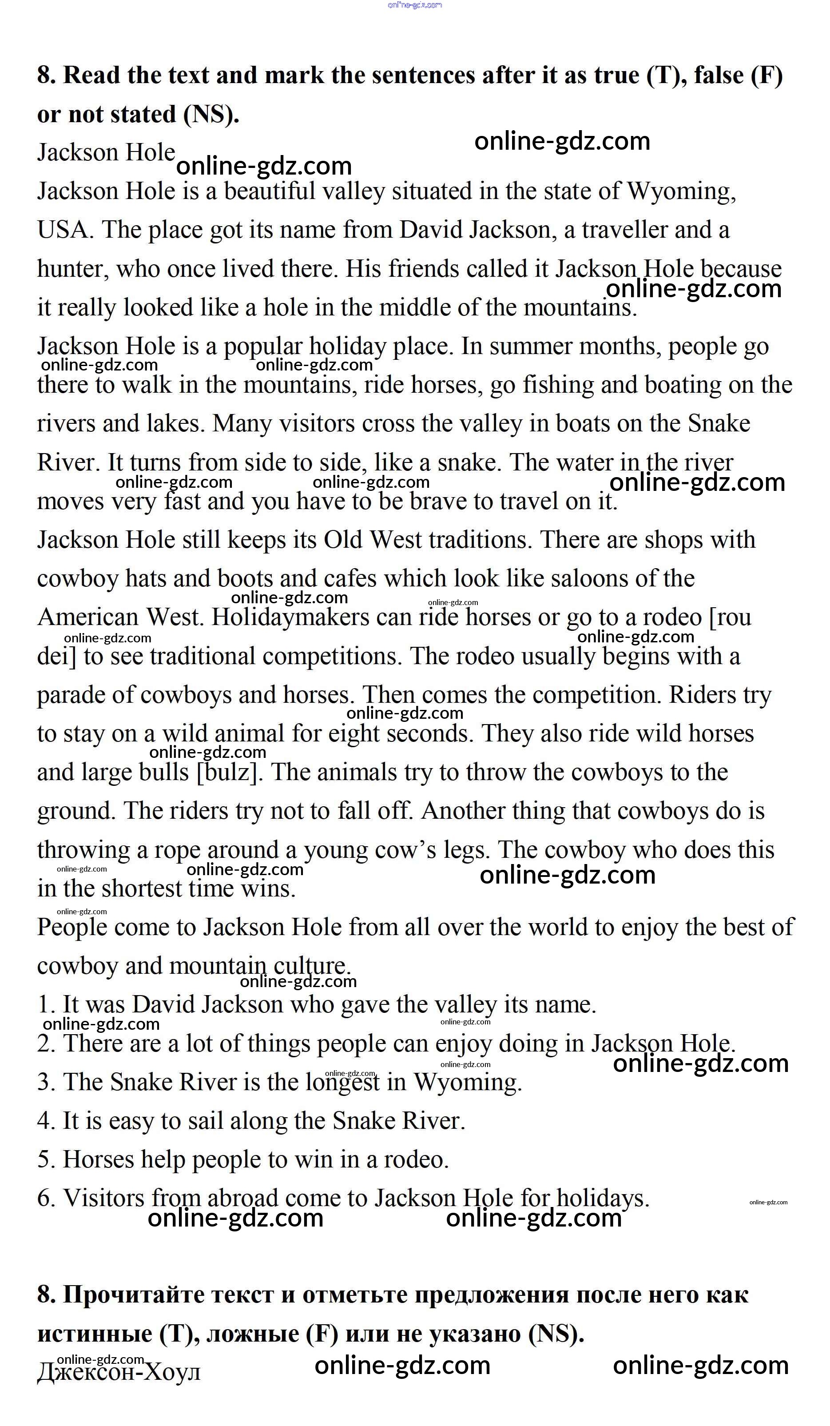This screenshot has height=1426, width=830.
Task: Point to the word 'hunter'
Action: pos(72,269)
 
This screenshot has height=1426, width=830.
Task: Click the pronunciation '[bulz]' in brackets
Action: pos(229,773)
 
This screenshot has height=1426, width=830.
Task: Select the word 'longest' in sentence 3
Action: pos(343,1083)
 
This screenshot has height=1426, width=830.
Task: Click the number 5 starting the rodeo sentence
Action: pos(45,1160)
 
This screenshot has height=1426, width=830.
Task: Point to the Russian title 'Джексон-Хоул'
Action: pos(119,1372)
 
